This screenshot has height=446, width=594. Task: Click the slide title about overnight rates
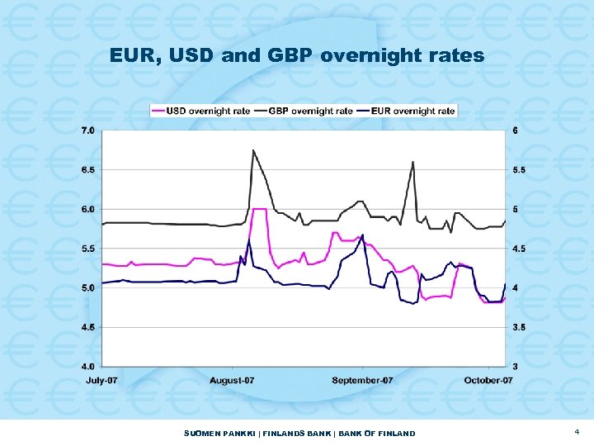tap(297, 56)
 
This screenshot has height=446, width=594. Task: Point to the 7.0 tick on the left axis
tap(87, 130)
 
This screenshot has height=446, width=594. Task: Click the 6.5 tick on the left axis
tap(87, 169)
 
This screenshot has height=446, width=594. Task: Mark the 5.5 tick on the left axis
tap(87, 248)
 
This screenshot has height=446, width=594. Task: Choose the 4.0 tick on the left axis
tap(87, 366)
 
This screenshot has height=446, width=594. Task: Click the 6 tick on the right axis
tap(515, 130)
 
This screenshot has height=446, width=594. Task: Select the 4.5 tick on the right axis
tap(518, 248)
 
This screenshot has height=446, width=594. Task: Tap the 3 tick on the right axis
tap(515, 366)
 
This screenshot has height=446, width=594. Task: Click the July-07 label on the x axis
tap(103, 380)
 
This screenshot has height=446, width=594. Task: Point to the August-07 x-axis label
tap(232, 380)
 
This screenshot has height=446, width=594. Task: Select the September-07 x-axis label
tap(362, 380)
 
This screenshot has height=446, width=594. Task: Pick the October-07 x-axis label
tap(488, 380)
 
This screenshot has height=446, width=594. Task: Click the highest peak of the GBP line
tap(253, 150)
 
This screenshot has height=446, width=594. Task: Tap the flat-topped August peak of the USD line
tap(259, 209)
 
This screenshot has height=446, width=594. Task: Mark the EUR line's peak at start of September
tap(362, 235)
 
